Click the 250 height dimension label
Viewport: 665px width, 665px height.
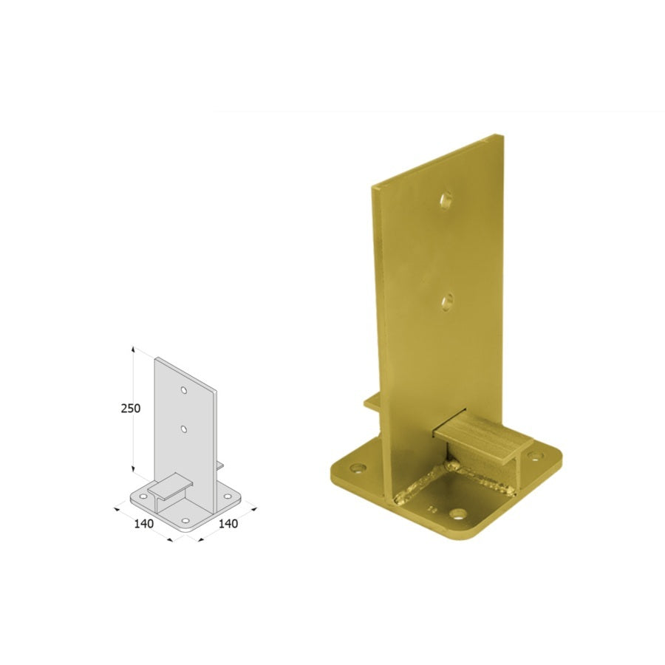(x=131, y=409)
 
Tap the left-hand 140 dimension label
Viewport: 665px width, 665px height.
(x=144, y=524)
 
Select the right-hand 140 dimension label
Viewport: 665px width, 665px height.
(x=228, y=524)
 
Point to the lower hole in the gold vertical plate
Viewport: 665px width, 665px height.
(x=446, y=302)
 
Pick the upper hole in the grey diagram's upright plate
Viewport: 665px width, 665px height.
(x=184, y=389)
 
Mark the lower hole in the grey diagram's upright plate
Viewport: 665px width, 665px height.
(x=184, y=429)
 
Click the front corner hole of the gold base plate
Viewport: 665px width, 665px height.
(x=457, y=514)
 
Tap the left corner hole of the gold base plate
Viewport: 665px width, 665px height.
(x=358, y=468)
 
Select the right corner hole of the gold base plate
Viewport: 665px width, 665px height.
(x=537, y=457)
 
